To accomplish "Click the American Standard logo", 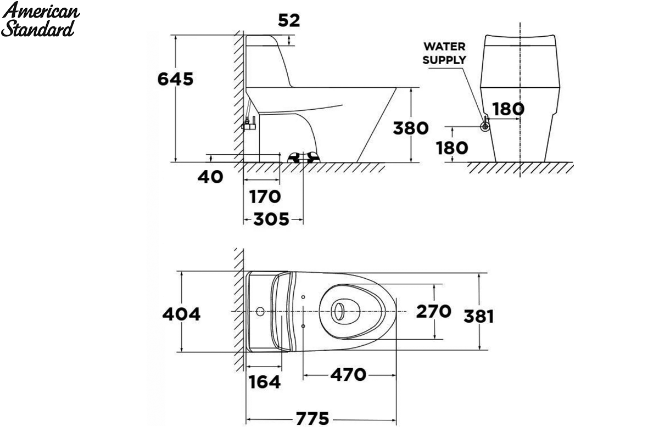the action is pos(40,19).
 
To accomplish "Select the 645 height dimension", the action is pos(175,79).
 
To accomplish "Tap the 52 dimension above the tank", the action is pos(289,21).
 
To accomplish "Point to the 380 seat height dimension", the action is pos(411,128).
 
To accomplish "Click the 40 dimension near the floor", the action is pos(210,177).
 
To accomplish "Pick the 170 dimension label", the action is pos(265,196).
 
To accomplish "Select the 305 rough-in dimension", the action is pos(271,219).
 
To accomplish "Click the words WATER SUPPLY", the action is pos(444,53).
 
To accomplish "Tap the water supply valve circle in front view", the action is pos(485,127).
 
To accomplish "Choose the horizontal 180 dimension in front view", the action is pos(509,109).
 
